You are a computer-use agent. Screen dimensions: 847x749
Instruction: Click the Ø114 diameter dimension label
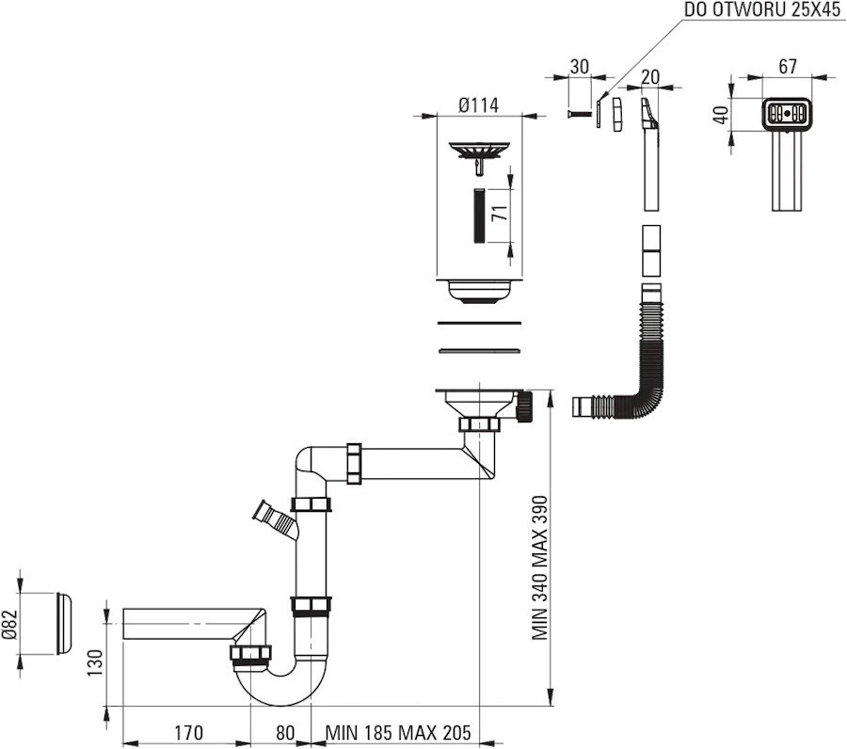(479, 104)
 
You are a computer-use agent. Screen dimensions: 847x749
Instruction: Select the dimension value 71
(501, 214)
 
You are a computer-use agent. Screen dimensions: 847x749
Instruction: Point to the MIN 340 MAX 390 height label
(539, 568)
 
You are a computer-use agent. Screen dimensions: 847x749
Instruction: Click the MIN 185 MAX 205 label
(397, 732)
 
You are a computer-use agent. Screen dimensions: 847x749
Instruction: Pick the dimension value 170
(188, 732)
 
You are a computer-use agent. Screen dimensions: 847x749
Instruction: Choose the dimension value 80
(284, 732)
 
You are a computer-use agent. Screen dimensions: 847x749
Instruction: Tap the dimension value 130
(94, 662)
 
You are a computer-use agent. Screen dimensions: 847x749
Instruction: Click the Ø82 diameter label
(9, 624)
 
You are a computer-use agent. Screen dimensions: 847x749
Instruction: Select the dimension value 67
(788, 66)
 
